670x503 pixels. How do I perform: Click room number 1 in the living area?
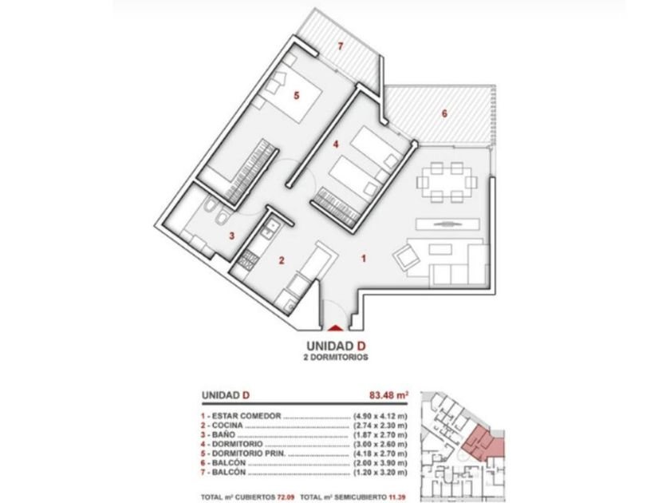pos(364,259)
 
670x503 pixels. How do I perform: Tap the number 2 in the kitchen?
pos(282,260)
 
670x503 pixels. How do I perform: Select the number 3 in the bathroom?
pos(231,236)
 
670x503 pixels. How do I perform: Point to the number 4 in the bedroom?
pos(336,145)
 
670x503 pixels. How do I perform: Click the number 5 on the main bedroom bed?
pos(297,95)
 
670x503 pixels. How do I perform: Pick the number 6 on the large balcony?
pos(444,113)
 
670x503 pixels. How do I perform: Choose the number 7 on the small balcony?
pos(340,46)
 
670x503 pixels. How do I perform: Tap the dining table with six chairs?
pos(444,182)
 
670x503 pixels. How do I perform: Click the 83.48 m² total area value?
pos(388,395)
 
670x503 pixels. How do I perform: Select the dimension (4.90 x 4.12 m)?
pos(380,416)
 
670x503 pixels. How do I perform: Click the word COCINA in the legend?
pos(227,426)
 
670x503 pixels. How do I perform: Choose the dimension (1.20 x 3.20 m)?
pos(380,473)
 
